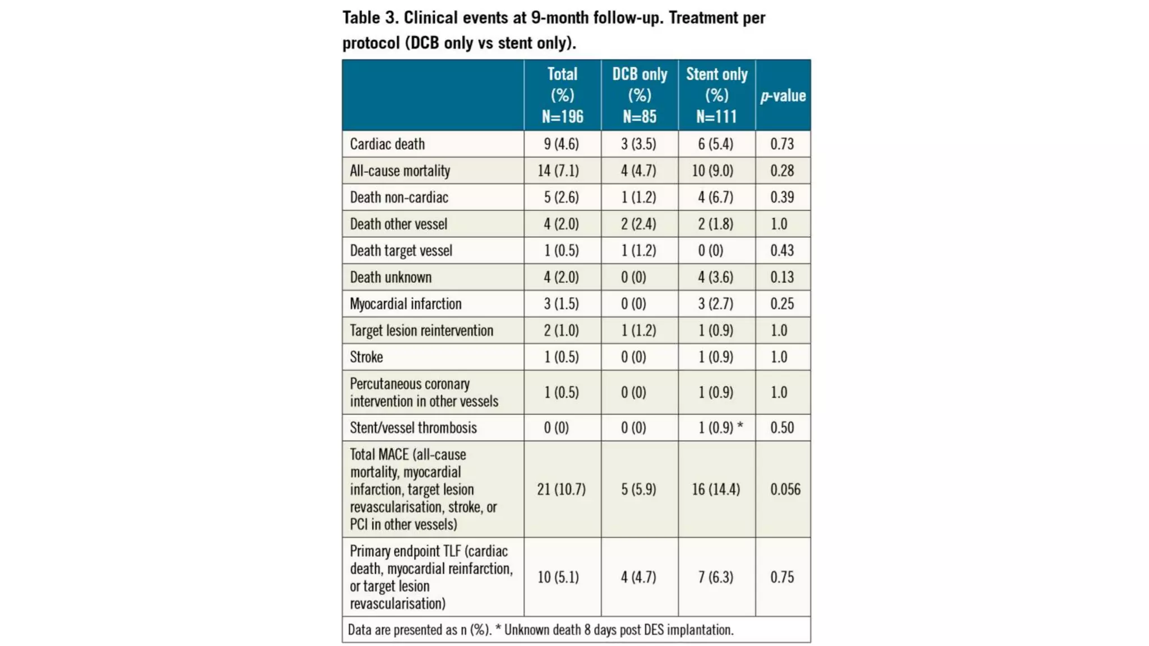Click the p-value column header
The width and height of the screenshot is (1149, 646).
click(x=783, y=96)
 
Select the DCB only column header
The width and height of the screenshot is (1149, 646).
click(x=640, y=95)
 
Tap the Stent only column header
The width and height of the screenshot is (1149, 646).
click(x=716, y=95)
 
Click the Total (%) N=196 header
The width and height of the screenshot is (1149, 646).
click(x=562, y=95)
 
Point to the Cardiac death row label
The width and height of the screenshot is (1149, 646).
click(x=387, y=144)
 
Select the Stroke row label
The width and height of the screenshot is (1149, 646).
click(x=366, y=357)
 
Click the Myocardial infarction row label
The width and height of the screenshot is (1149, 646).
click(x=406, y=304)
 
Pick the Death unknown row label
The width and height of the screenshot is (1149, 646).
click(x=390, y=277)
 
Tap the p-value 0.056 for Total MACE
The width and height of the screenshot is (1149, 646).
click(x=785, y=490)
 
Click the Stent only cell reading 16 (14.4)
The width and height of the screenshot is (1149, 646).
click(x=715, y=490)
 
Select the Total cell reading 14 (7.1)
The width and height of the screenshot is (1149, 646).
click(x=558, y=170)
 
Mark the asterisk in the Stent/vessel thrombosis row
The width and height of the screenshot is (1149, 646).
click(x=740, y=427)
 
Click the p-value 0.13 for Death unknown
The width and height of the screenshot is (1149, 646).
click(x=782, y=277)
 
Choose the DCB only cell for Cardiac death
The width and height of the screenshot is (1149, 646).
click(x=638, y=144)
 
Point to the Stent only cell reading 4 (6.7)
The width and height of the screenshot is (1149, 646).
click(x=715, y=197)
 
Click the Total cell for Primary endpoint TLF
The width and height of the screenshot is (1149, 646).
click(x=558, y=577)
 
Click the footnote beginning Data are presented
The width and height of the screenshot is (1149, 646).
click(x=540, y=630)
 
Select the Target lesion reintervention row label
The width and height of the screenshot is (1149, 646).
click(x=421, y=331)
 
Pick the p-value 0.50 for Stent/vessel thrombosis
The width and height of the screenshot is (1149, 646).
click(x=782, y=428)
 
